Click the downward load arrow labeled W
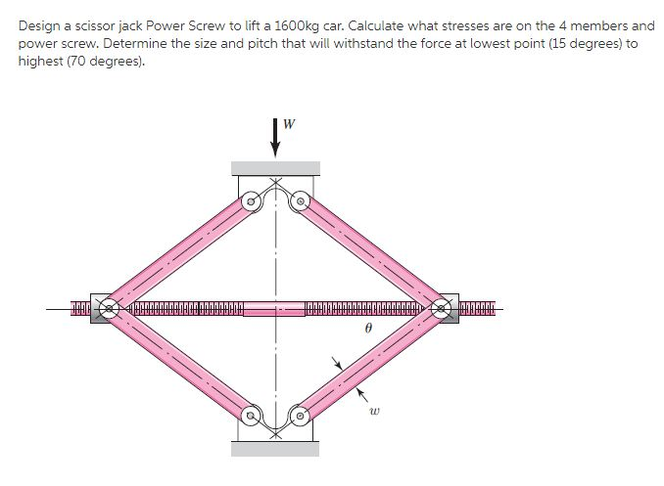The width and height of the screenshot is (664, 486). point(275,138)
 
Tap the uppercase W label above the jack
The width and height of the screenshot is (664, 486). point(288,123)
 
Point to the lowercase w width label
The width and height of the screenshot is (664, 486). point(373,411)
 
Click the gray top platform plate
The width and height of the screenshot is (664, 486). point(275,168)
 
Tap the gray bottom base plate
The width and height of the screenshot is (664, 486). point(275,449)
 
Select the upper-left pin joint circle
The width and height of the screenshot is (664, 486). point(251,201)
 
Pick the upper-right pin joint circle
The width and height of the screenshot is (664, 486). point(301,201)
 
